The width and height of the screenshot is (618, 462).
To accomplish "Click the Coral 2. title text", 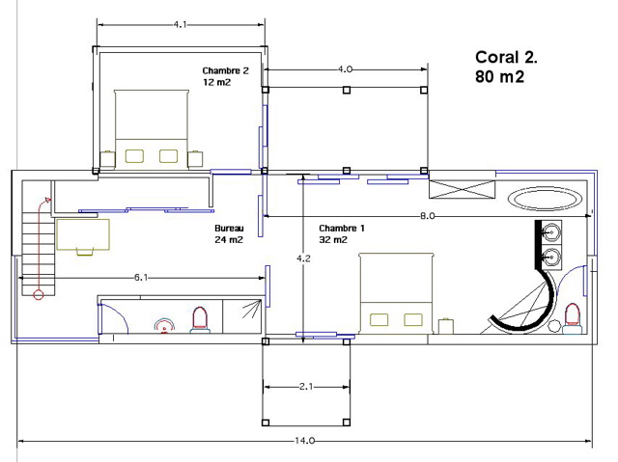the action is point(506,58).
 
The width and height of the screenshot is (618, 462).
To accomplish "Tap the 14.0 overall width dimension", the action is point(305,441).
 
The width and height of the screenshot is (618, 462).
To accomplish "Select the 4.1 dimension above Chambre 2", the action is point(180,24).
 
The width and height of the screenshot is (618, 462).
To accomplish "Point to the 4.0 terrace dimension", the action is point(345,69).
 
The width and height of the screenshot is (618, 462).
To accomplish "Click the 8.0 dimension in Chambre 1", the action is point(427,216).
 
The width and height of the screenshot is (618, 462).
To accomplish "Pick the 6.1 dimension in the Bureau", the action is point(141,278).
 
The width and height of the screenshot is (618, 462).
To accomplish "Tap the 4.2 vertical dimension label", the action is point(303,258).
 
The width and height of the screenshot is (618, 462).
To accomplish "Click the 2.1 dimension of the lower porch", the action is point(306,387).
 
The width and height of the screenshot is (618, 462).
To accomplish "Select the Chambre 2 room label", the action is point(225,76).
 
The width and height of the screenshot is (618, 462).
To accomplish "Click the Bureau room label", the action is point(229,233).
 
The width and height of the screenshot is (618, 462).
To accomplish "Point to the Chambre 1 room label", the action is point(342,233).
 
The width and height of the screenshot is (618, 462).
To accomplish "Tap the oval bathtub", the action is point(545,199).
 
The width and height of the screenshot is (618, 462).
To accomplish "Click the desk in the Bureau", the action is point(83,235).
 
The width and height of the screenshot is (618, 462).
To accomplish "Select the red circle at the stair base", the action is point(39,295).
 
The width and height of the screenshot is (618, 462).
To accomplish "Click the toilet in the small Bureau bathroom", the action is point(200,319).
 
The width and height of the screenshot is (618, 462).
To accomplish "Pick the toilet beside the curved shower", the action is point(573,318).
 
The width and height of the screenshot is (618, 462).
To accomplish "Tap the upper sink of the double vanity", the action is point(551,232).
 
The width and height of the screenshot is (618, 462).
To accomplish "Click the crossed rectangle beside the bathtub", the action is point(462,189).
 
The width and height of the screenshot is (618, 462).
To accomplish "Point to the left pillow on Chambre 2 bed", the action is point(134,156).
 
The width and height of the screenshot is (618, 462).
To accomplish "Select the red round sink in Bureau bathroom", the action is point(164,326).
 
